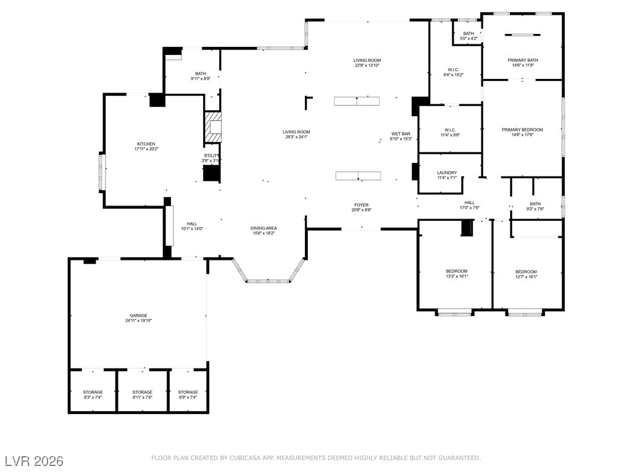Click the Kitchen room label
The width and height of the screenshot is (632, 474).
coord(146,144)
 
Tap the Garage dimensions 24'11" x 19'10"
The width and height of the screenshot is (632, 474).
coord(138,321)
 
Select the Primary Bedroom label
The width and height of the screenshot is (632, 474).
coord(522,130)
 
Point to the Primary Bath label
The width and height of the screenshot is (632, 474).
coord(523,60)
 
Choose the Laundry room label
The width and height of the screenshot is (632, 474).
coord(446,173)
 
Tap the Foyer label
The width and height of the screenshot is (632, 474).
coord(361,205)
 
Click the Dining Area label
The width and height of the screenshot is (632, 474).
coord(264,228)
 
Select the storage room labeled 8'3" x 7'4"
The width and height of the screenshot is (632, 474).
coord(93,393)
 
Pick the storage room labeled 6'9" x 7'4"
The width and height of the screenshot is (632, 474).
coord(188,393)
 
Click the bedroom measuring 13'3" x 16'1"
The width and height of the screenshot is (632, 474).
coord(457,272)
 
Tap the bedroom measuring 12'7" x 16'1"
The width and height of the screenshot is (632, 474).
coord(526,272)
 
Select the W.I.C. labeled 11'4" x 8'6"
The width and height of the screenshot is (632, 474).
coord(449,130)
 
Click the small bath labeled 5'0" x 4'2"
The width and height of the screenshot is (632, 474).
coord(468,34)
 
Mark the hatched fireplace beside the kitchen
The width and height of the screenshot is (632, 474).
coord(214,127)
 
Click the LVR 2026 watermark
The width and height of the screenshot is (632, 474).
coord(34,461)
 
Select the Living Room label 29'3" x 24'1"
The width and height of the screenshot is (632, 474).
coord(296,132)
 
